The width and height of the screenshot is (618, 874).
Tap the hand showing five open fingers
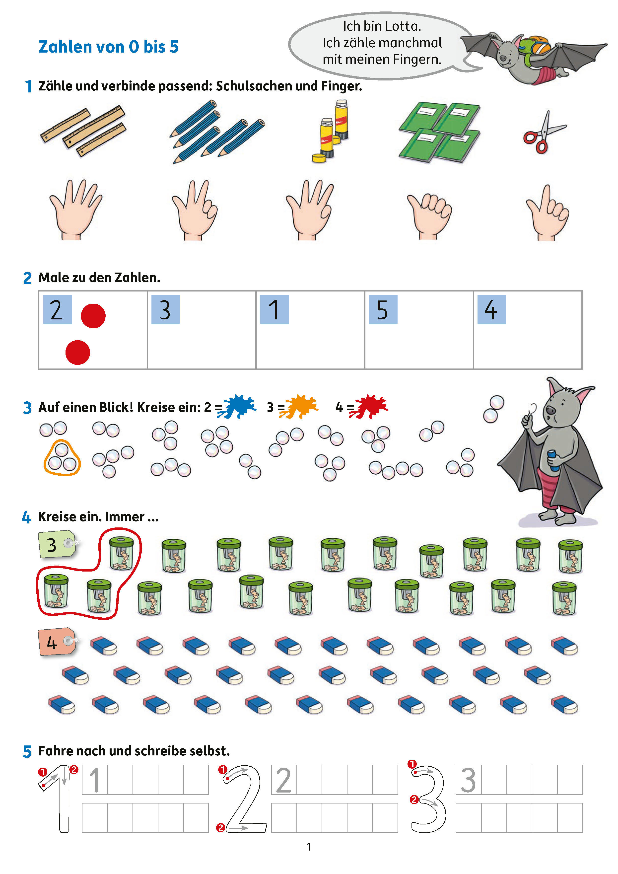(75, 209)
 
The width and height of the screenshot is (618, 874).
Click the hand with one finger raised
(548, 214)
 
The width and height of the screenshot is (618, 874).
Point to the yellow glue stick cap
(319, 158)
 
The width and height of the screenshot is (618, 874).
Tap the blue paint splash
(237, 407)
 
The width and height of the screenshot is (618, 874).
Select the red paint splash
(368, 407)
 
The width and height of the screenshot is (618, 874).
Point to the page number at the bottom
(309, 847)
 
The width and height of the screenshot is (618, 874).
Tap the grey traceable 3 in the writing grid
(469, 780)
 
